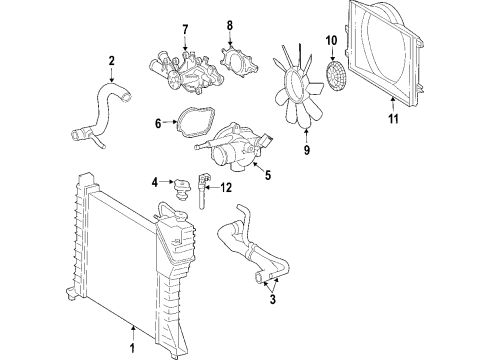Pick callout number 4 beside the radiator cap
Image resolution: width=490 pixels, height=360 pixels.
155,181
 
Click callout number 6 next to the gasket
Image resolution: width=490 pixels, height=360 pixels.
157,125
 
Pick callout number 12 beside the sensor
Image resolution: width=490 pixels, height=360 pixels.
226,188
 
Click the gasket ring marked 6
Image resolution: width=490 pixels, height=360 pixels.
186,126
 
